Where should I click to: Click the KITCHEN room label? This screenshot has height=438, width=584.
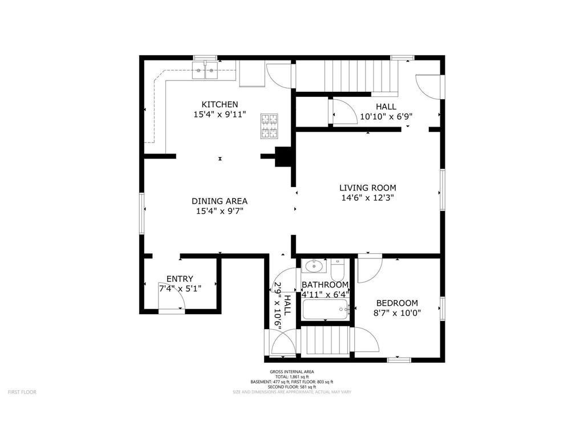tap(220, 104)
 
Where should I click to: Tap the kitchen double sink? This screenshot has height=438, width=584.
tap(205, 72)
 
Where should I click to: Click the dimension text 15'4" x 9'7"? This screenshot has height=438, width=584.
tap(220, 211)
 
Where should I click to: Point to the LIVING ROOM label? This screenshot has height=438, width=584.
tap(367, 188)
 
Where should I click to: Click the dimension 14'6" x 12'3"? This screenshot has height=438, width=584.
tap(367, 198)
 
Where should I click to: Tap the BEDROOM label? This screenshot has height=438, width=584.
tap(397, 303)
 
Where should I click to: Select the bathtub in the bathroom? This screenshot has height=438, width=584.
tap(325, 310)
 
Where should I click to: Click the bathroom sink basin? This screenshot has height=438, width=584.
tap(313, 266)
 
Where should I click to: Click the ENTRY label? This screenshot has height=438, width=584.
tap(180, 279)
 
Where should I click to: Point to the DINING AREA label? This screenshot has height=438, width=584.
tap(220, 201)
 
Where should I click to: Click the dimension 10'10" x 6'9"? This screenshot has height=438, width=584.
tap(386, 116)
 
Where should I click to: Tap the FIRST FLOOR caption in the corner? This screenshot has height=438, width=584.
tap(22, 392)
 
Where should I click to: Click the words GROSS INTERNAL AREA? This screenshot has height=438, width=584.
tap(292, 372)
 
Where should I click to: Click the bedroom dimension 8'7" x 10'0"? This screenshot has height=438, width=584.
tap(397, 313)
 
